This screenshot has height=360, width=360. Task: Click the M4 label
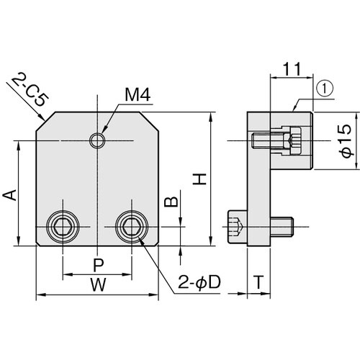(138, 94)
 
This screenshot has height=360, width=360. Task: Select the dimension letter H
(199, 179)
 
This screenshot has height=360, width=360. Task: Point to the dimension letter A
(9, 194)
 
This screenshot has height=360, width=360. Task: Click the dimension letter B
(171, 202)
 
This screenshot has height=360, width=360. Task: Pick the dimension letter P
(99, 265)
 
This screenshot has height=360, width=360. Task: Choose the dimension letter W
(99, 284)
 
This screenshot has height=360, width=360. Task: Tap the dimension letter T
(258, 282)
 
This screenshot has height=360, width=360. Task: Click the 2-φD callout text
(199, 283)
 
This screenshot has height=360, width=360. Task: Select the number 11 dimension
(292, 69)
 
